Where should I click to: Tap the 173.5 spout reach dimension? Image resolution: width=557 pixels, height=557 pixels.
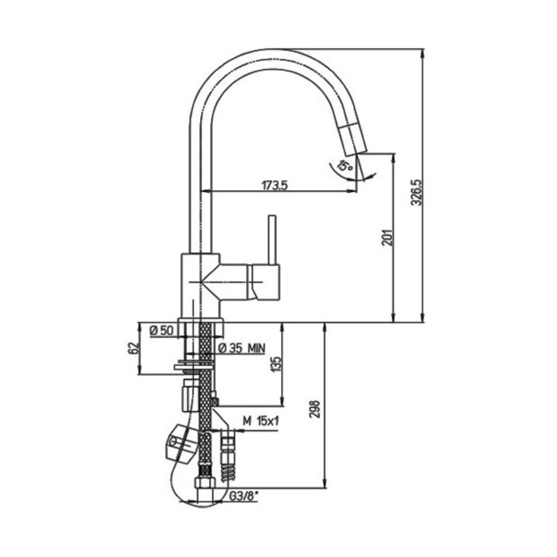tap(274, 185)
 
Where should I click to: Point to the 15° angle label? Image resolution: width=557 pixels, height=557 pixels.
tap(345, 166)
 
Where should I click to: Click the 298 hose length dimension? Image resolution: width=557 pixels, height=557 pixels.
tap(315, 409)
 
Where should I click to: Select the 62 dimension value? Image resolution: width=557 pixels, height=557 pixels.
tap(133, 349)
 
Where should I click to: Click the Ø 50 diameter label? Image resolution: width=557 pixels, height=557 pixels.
tap(162, 331)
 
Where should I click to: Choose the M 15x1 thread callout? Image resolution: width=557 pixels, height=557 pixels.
tap(261, 421)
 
